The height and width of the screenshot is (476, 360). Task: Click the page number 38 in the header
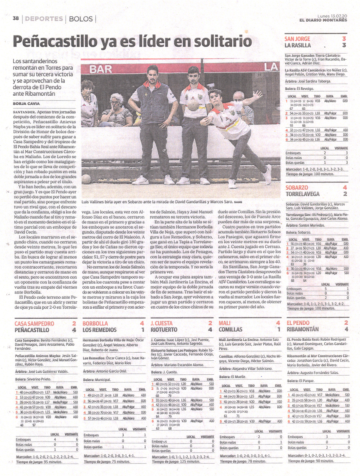tap(16, 18)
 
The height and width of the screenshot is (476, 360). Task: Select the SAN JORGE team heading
tap(297, 39)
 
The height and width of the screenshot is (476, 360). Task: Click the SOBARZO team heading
tap(297, 187)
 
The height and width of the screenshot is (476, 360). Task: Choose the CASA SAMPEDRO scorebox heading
tap(34, 323)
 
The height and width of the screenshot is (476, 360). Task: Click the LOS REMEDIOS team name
tap(102, 330)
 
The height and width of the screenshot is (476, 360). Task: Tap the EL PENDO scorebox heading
tap(298, 323)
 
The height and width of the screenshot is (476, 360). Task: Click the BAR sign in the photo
tap(101, 69)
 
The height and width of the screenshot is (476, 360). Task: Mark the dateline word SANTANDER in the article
tap(26, 112)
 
